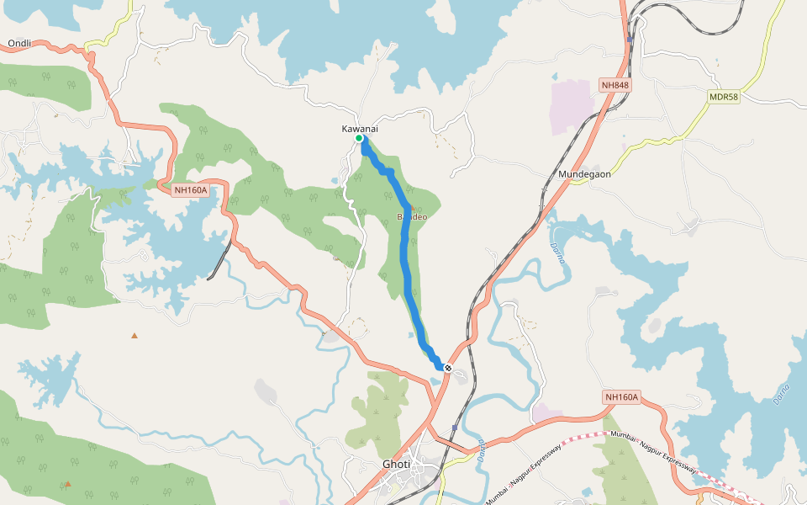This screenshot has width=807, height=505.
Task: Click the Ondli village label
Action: [x=18, y=43]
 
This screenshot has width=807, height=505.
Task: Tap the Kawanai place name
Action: [x=359, y=128]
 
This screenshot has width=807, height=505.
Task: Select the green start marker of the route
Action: [x=359, y=138]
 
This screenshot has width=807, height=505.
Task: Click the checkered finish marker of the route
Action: [x=449, y=368]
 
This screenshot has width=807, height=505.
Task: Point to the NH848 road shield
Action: [x=615, y=85]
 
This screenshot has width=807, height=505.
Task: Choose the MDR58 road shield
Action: [x=723, y=97]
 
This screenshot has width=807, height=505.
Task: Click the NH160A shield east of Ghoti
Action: [x=622, y=397]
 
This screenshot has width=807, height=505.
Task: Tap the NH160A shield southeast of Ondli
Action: [x=190, y=190]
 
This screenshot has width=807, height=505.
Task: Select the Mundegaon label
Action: [x=584, y=174]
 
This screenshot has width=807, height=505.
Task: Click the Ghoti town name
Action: [x=397, y=465]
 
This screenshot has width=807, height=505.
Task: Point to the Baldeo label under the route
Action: [x=411, y=217]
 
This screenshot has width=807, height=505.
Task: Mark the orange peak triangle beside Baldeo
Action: [x=413, y=207]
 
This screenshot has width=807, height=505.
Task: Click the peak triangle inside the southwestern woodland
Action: [x=68, y=483]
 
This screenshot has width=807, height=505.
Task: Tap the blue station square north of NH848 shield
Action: [x=629, y=39]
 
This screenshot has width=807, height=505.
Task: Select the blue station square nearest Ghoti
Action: [x=454, y=428]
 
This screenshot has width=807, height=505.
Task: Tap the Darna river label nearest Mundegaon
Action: [x=557, y=252]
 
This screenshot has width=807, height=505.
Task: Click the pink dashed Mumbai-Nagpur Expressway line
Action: [x=588, y=435]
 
